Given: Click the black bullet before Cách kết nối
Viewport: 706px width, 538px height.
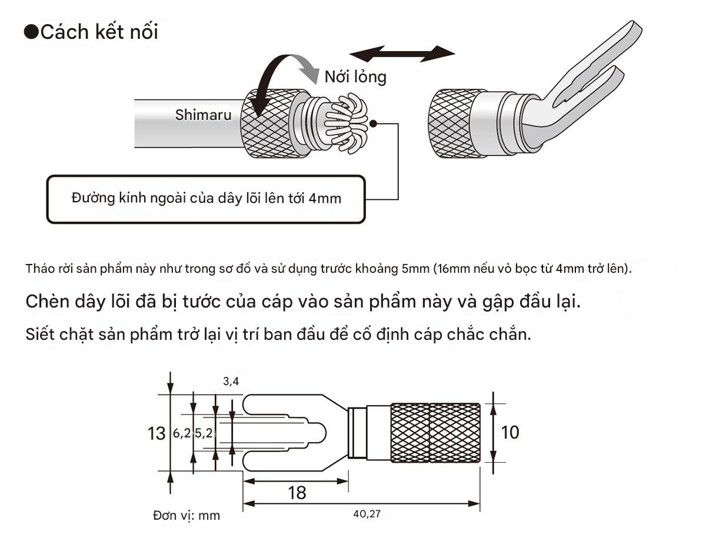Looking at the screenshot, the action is [32, 32].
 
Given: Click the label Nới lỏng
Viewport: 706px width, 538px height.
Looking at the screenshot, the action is [355, 77].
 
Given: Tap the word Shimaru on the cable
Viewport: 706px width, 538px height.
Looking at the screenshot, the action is [204, 115].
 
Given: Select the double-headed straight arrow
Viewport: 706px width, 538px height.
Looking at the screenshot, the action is [402, 54].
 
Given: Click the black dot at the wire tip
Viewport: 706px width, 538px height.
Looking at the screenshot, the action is [373, 123].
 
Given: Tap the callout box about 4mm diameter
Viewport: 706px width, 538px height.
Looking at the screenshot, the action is [206, 199].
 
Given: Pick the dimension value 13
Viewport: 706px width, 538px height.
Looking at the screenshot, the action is [156, 433].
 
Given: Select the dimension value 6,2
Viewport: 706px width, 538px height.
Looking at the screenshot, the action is [182, 433].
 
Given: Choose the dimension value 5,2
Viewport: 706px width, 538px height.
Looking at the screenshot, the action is [204, 433].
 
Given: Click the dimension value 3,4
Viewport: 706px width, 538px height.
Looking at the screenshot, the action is [231, 382].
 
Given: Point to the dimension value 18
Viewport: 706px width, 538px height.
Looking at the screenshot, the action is [297, 493].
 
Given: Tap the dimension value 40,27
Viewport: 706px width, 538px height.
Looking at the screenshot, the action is [367, 514].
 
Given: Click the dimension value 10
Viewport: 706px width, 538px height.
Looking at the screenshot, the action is [510, 432].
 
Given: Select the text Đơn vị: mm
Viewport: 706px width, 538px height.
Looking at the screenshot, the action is [187, 516].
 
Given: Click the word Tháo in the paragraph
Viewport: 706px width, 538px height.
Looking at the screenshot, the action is [39, 269].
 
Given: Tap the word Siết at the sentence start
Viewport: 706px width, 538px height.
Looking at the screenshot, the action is [40, 334].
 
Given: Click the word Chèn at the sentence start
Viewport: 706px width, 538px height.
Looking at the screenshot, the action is [47, 302].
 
